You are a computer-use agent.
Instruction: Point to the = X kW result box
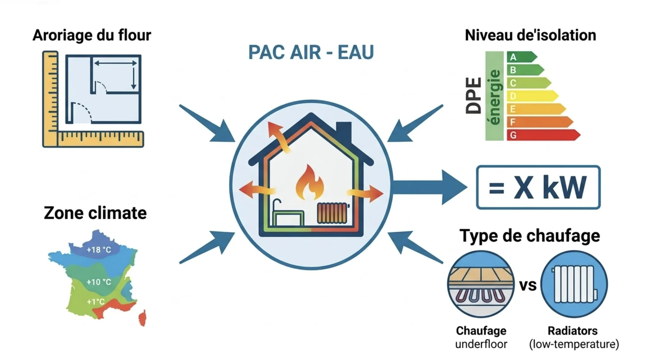pyautogui.click(x=538, y=187)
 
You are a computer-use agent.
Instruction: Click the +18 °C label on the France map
pyautogui.click(x=99, y=250)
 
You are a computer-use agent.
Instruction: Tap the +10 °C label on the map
pyautogui.click(x=99, y=282)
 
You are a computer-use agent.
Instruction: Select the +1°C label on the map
pyautogui.click(x=96, y=302)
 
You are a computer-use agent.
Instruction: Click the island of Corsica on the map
pyautogui.click(x=143, y=318)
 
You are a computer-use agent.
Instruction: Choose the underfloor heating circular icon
pyautogui.click(x=481, y=284)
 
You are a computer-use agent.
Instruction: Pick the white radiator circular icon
pyautogui.click(x=574, y=284)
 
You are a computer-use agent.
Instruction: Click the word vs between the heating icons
pyautogui.click(x=528, y=285)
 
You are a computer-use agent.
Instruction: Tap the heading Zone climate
pyautogui.click(x=95, y=213)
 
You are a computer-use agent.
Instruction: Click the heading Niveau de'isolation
pyautogui.click(x=530, y=35)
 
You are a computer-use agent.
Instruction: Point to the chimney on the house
pyautogui.click(x=344, y=131)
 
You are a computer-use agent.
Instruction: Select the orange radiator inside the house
pyautogui.click(x=332, y=213)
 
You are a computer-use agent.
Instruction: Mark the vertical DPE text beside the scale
pyautogui.click(x=473, y=96)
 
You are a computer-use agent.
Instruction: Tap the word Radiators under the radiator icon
pyautogui.click(x=572, y=331)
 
